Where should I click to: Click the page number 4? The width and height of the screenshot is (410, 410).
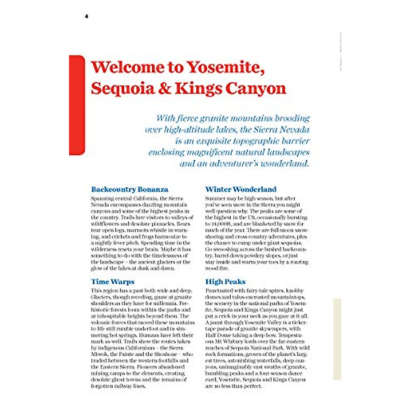point(86,16)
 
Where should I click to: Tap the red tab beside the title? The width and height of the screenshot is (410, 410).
point(77,105)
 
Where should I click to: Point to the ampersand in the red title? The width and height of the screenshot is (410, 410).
point(165,88)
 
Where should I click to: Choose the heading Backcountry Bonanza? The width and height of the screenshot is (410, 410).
point(129,189)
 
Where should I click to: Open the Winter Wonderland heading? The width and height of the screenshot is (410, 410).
point(241,189)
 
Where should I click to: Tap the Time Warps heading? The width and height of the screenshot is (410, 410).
point(112,282)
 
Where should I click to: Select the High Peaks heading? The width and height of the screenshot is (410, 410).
point(225,282)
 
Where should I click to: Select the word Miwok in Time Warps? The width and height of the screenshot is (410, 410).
point(99,354)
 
